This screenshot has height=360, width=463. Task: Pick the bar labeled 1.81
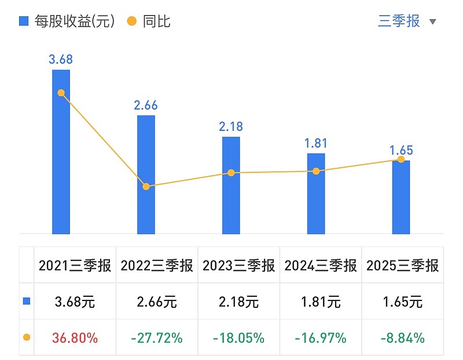tap(316, 203)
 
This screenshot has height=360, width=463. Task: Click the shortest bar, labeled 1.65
tap(401, 200)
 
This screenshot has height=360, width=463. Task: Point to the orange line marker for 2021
tap(61, 93)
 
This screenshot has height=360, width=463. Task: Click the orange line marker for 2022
tap(146, 186)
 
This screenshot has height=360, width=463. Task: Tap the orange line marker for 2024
tap(316, 171)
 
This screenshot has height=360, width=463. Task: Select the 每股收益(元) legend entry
tap(67, 21)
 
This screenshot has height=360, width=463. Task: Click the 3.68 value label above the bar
tap(61, 59)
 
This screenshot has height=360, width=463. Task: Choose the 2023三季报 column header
tap(238, 266)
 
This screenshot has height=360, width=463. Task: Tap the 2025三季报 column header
tap(402, 266)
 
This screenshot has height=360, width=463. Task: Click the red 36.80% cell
tap(75, 337)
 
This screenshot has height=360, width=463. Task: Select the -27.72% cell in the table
tap(156, 337)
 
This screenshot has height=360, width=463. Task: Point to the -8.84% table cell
tap(402, 337)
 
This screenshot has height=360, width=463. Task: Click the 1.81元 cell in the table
tap(320, 302)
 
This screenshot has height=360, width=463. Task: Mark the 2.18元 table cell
tap(238, 302)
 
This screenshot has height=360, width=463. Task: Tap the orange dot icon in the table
tap(26, 337)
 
